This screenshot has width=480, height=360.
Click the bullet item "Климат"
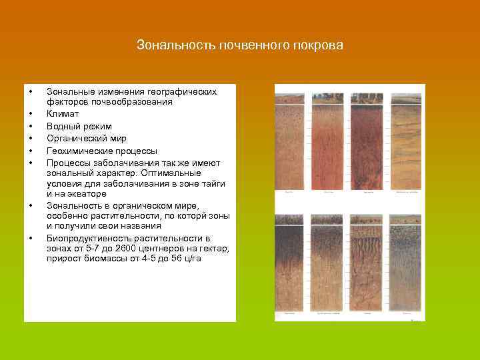click(62, 114)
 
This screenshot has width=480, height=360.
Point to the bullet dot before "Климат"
click(30, 114)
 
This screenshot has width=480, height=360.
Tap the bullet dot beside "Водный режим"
click(30, 126)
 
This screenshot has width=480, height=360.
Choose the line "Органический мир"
click(87, 139)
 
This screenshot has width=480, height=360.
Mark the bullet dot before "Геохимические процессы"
click(30, 151)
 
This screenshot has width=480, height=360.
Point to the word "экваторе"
click(86, 193)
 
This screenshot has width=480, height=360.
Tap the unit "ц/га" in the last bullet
click(190, 259)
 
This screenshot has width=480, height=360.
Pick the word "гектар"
click(214, 249)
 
